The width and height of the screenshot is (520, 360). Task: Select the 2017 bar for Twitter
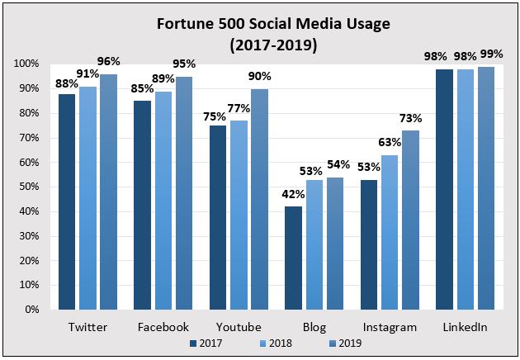(x=67, y=202)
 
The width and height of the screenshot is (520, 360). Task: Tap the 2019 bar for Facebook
(x=184, y=193)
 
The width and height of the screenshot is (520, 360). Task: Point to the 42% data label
(x=294, y=195)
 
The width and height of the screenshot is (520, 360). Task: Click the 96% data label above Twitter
(x=108, y=62)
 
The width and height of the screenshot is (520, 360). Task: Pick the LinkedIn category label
(x=466, y=327)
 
